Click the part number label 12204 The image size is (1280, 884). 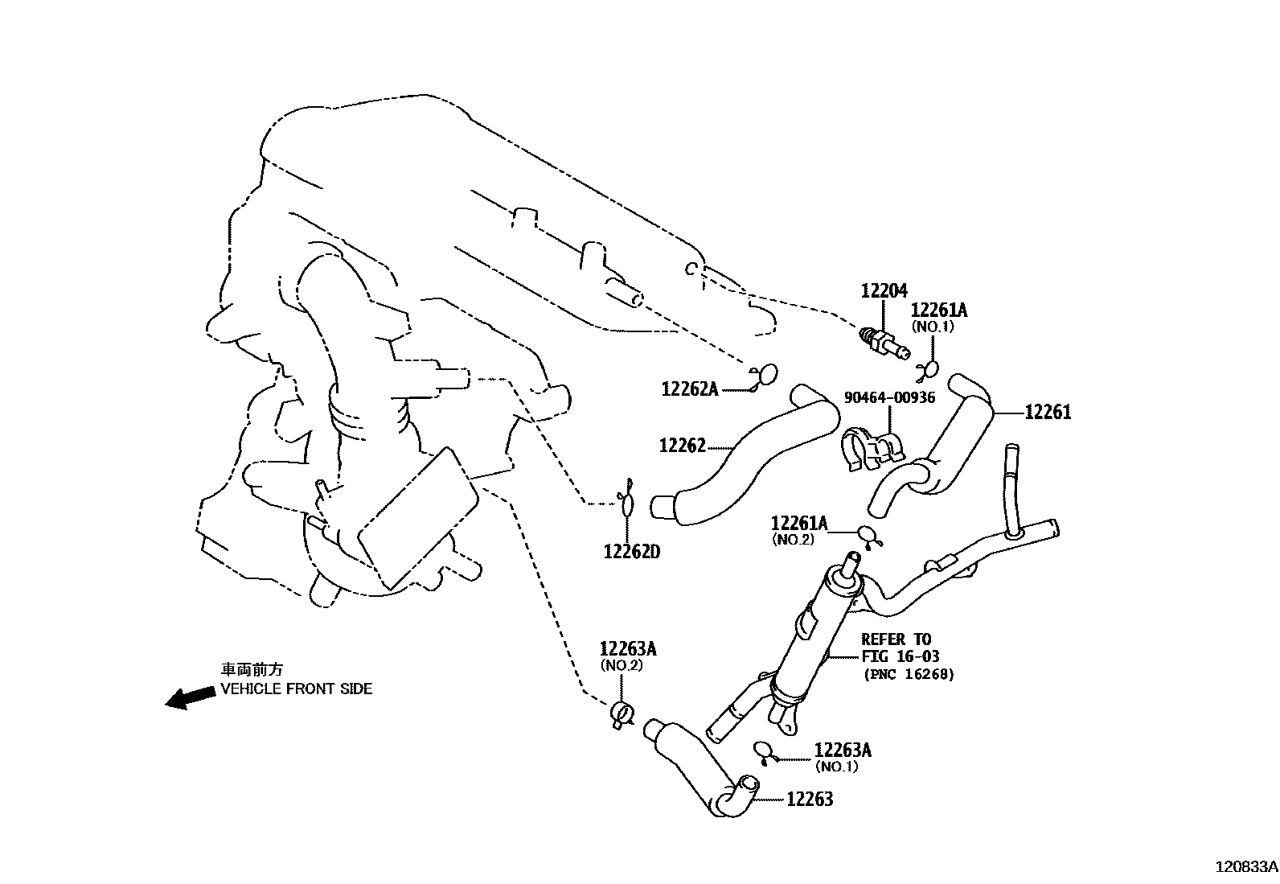coord(884,291)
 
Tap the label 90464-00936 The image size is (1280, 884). coord(889,397)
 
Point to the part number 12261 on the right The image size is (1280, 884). coord(1048,413)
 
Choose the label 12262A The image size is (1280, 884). coord(690,389)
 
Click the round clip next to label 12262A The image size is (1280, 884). coord(766,375)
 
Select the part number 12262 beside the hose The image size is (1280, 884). coord(682,446)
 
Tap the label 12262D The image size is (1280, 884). coord(632,552)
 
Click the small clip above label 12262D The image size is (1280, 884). coord(627,504)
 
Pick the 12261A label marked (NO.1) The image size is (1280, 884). coord(939,310)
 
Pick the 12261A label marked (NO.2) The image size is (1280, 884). coord(798,524)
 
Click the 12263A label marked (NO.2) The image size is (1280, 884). coord(628,649)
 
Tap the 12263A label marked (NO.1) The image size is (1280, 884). coord(843,750)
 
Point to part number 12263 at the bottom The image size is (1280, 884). coord(809,799)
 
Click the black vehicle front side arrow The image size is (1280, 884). coord(190,697)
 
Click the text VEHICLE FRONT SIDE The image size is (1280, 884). coord(297,689)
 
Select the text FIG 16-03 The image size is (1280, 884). coord(900,656)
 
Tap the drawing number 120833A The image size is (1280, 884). coord(1245,868)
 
